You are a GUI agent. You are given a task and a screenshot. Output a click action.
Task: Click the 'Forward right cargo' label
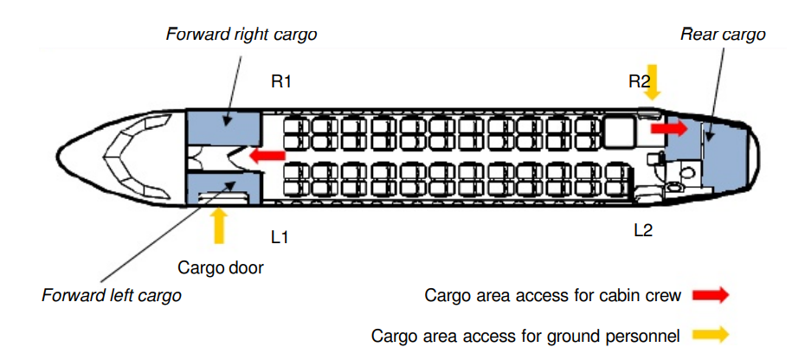coord(241,35)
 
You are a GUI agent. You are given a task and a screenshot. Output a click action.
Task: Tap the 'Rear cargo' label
coord(723,35)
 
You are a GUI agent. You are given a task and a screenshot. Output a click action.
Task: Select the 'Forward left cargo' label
coord(111,295)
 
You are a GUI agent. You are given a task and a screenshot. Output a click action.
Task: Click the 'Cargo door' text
coord(220,267)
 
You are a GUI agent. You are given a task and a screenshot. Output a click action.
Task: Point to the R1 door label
coord(281,81)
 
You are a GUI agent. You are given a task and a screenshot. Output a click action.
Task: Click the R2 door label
coord(639,81)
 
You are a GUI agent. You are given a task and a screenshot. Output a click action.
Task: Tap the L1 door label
coord(280,236)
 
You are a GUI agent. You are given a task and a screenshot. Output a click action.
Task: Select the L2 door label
coord(643,230)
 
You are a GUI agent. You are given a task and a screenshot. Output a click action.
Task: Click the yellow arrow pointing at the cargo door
coord(218,226)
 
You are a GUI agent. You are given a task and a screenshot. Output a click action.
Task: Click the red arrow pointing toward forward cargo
coord(267,156)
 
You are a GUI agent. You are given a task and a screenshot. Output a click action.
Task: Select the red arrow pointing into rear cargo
coord(669,129)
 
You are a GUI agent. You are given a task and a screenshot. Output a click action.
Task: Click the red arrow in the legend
coord(711,295)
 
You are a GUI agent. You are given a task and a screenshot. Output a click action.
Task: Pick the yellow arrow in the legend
coord(711,334)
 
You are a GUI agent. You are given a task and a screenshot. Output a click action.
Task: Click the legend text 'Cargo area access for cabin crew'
coord(552,295)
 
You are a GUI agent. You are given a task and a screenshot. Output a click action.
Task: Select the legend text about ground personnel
coord(525,335)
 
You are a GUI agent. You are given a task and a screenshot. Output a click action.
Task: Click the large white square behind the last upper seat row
coord(619,132)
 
